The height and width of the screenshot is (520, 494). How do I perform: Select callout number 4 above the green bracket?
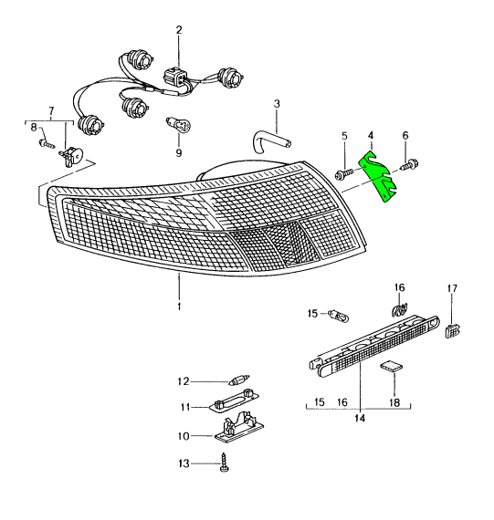click(x=371, y=136)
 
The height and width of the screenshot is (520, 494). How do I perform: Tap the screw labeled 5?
click(x=342, y=174)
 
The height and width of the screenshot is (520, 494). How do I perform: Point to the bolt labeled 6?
click(x=410, y=164)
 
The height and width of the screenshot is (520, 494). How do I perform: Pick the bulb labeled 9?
click(x=178, y=125)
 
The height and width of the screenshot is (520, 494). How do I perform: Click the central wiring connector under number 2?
click(x=174, y=78)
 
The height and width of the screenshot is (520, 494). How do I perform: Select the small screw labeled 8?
click(x=47, y=143)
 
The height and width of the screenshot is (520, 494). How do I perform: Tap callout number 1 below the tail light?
click(x=179, y=307)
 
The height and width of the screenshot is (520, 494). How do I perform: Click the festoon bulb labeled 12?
click(x=239, y=380)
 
